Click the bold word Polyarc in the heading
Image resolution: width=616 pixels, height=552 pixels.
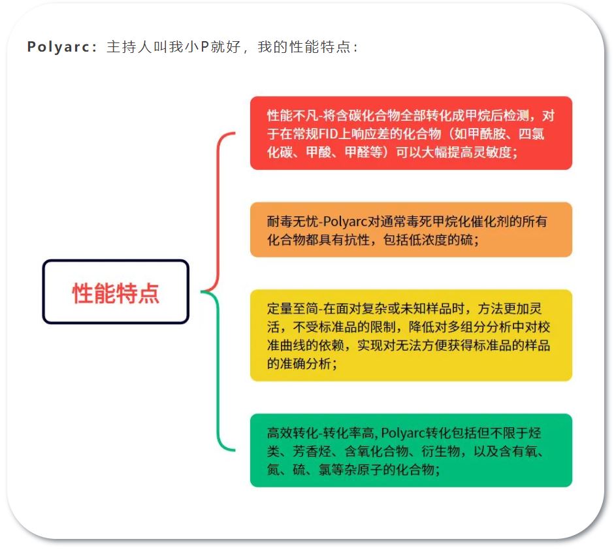coord(59,47)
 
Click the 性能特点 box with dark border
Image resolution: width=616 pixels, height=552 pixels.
coord(116,292)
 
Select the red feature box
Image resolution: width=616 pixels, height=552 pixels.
coord(411,133)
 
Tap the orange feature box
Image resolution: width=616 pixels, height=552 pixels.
coord(411,230)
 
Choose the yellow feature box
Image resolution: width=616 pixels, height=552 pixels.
coord(411,336)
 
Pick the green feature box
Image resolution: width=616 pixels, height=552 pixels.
coord(411,450)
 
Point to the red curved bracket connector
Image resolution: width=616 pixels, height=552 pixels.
coord(218,212)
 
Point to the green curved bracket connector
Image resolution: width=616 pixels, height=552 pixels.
coord(218,371)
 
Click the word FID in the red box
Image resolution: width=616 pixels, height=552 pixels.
coord(328,134)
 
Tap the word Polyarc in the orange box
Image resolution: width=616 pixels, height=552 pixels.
coord(344,222)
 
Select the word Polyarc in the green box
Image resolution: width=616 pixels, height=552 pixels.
coord(403,433)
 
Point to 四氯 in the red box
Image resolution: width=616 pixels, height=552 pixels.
coord(532,134)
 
